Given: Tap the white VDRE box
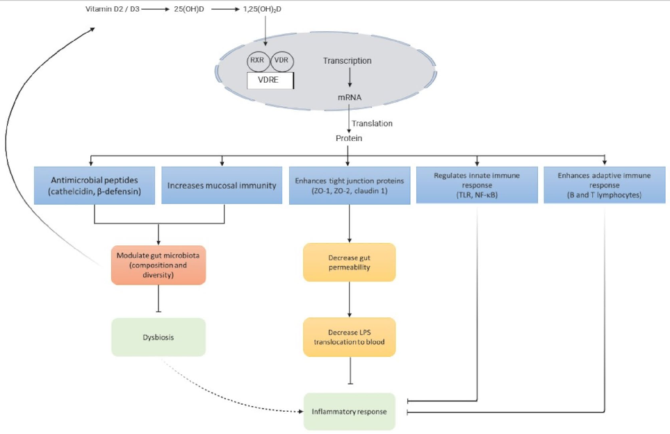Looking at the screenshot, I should (270, 81).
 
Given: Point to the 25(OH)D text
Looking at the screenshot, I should (189, 10).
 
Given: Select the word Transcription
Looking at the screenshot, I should (347, 61).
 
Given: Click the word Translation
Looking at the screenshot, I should (372, 124).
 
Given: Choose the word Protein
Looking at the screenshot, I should (349, 138).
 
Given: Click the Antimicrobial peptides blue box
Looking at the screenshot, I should (95, 185).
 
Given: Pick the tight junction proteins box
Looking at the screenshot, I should (348, 185).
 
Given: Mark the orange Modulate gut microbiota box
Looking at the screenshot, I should (158, 265).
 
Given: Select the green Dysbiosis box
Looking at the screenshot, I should (158, 337).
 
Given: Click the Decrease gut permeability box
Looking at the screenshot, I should (349, 262).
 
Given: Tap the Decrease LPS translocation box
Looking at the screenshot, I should (349, 337).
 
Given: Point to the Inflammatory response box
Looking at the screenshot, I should (349, 411).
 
